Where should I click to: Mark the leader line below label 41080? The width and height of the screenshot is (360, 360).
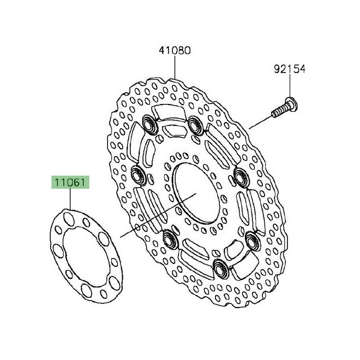[x=175, y=68]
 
